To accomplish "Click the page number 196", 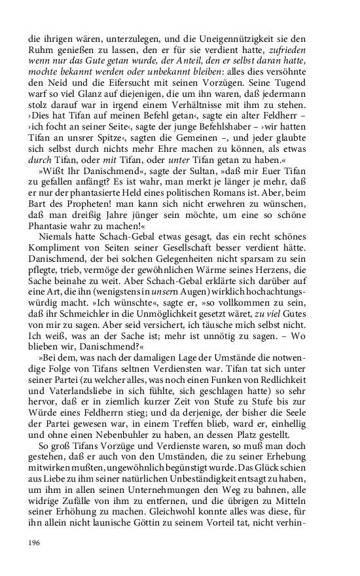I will pyautogui.click(x=35, y=543).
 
